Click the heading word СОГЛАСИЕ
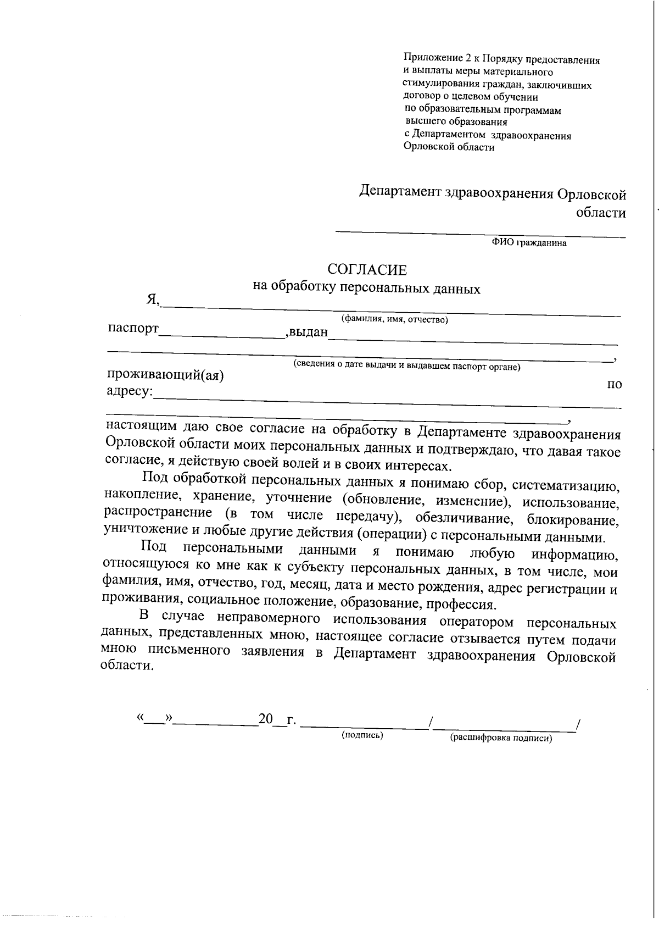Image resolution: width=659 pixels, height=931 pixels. (367, 269)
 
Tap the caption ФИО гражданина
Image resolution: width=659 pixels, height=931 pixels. (529, 243)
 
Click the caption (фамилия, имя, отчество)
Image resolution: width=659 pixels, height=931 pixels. (394, 319)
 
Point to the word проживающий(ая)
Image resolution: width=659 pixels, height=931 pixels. (165, 375)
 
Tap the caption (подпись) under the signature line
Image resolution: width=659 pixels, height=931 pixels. (362, 735)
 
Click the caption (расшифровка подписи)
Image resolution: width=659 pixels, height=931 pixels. (500, 738)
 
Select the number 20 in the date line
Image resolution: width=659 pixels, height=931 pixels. (266, 718)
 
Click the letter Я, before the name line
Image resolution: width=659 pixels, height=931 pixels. (152, 299)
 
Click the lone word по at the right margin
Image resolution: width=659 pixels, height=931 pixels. (614, 384)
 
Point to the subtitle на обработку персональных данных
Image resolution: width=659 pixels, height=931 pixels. (366, 287)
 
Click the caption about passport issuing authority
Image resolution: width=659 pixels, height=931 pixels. (406, 365)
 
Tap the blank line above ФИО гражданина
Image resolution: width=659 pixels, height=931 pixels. (480, 236)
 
